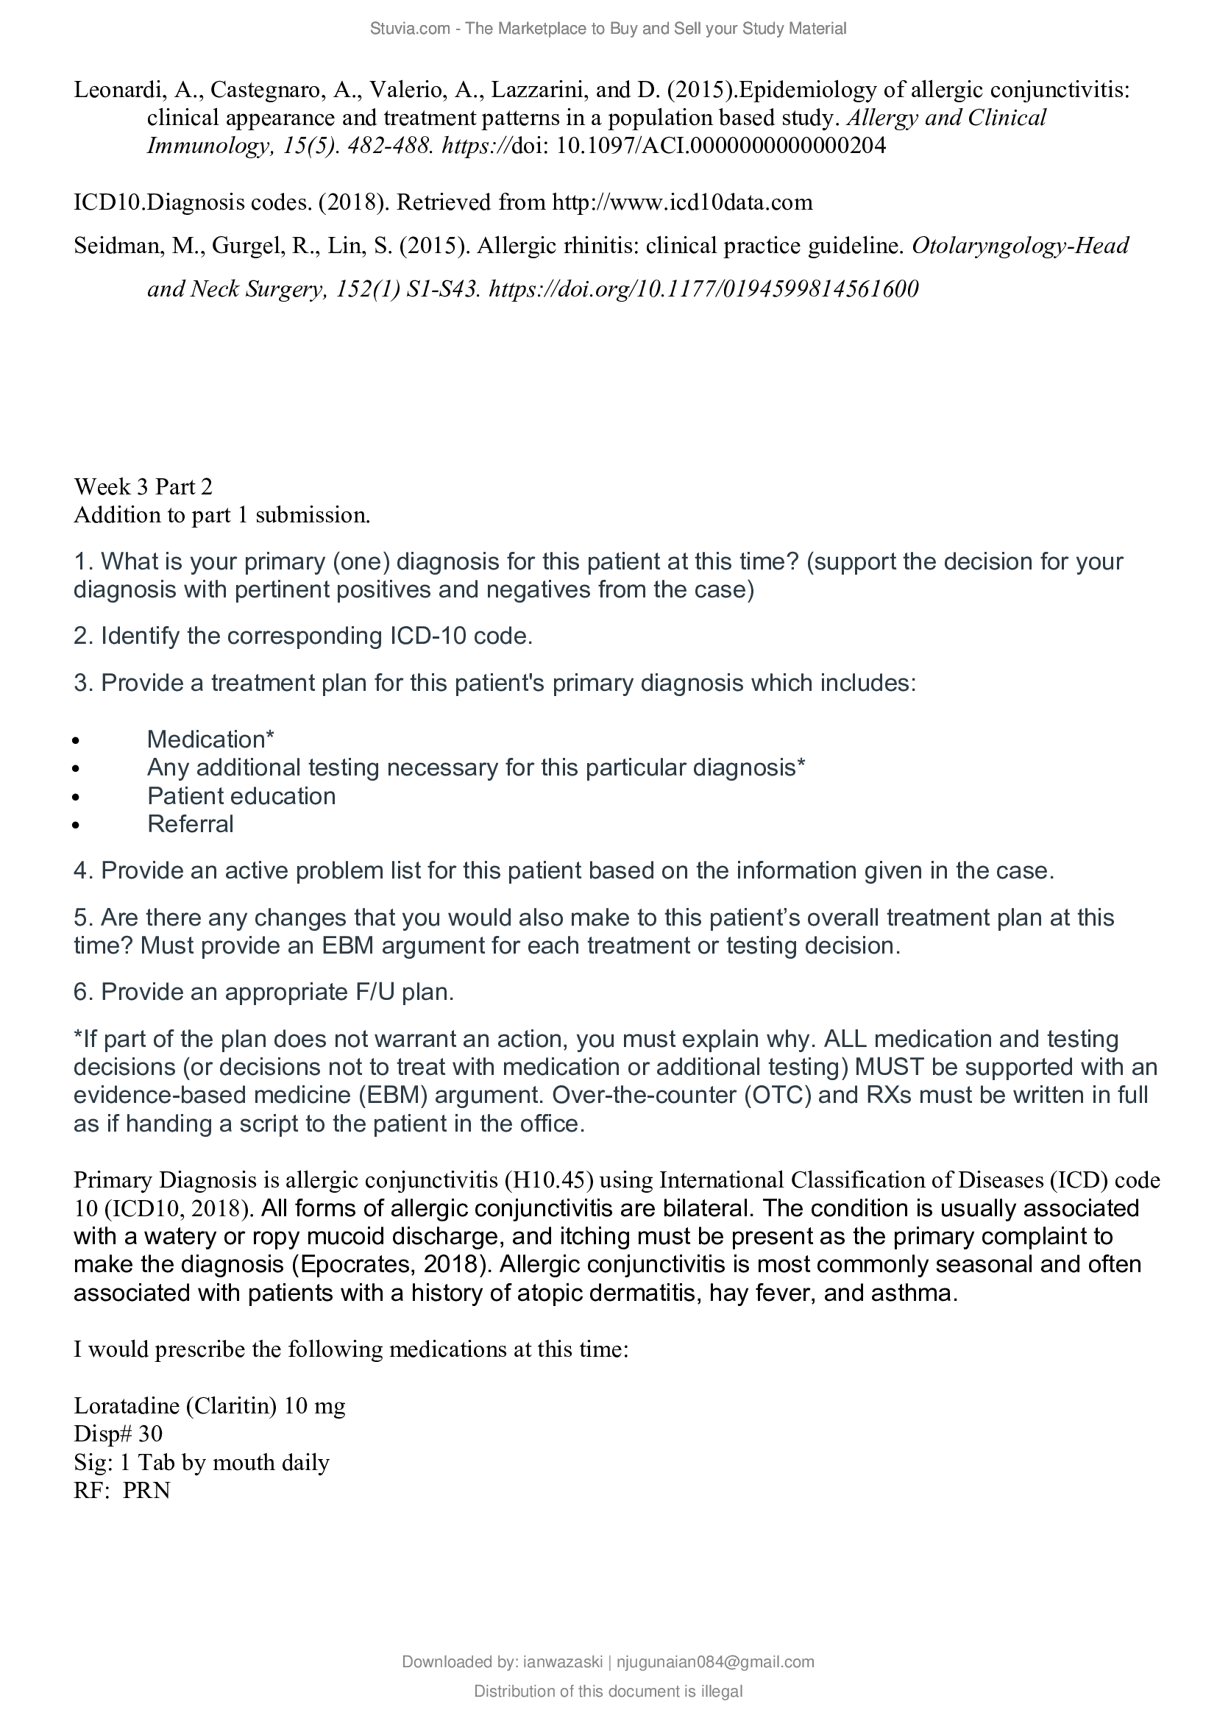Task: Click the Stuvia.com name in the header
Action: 409,29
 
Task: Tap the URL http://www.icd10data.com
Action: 682,202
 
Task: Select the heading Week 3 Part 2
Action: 143,487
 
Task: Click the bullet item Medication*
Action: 210,739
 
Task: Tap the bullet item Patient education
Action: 241,795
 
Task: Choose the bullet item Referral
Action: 191,824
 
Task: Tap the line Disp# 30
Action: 118,1434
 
